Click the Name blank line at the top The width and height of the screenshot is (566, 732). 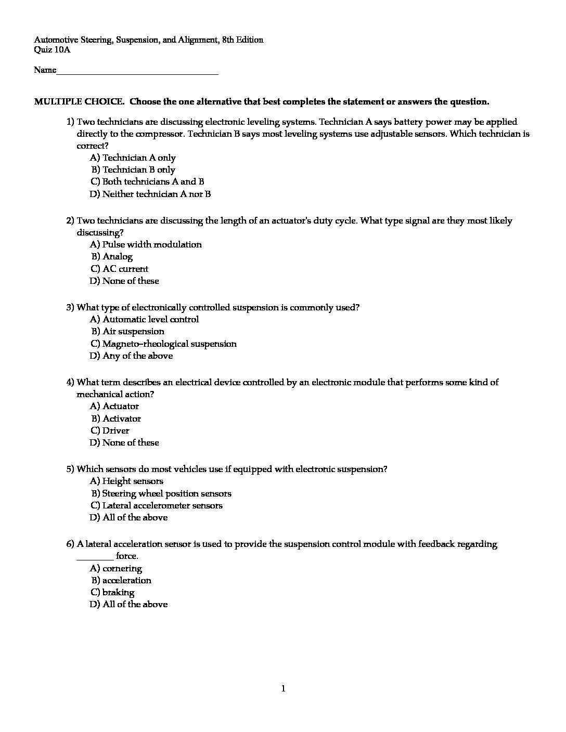click(x=137, y=71)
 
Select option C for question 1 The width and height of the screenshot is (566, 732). click(x=147, y=182)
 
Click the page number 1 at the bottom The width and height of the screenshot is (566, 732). click(x=283, y=689)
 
